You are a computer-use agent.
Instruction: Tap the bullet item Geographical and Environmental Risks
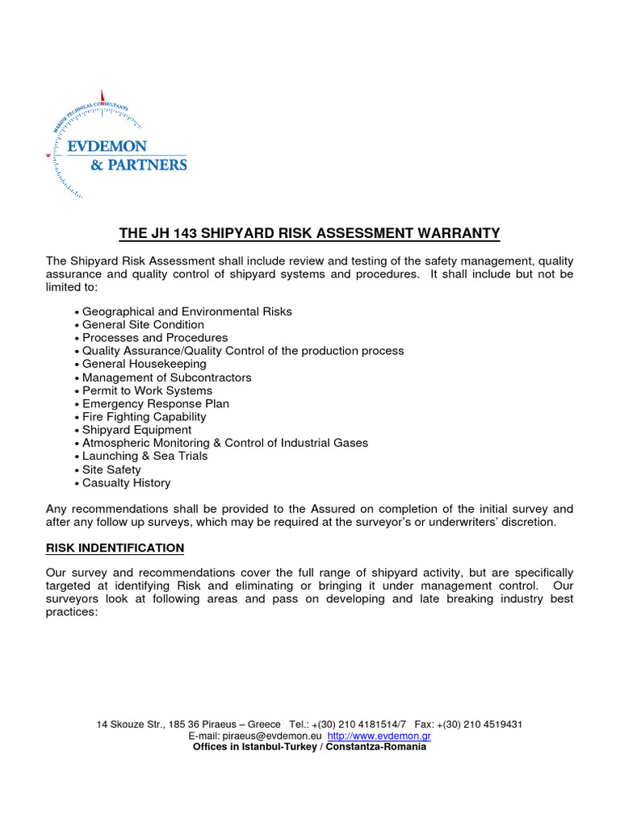[186, 311]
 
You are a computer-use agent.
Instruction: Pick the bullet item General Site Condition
[143, 325]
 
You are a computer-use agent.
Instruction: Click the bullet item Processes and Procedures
[155, 338]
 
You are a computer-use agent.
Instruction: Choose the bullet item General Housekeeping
[144, 365]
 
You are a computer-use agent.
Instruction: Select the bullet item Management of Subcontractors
[166, 378]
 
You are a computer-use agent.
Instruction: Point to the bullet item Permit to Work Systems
[147, 390]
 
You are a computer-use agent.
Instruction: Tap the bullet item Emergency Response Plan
[155, 404]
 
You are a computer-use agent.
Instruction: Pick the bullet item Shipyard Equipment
[136, 430]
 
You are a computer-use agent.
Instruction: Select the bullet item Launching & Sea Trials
[145, 457]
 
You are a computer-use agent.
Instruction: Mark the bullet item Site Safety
[111, 469]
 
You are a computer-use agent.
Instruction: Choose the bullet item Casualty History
[126, 483]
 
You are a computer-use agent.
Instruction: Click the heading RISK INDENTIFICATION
[115, 549]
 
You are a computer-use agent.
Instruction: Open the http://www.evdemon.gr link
[379, 736]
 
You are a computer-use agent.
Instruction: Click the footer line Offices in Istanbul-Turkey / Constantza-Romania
[309, 747]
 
